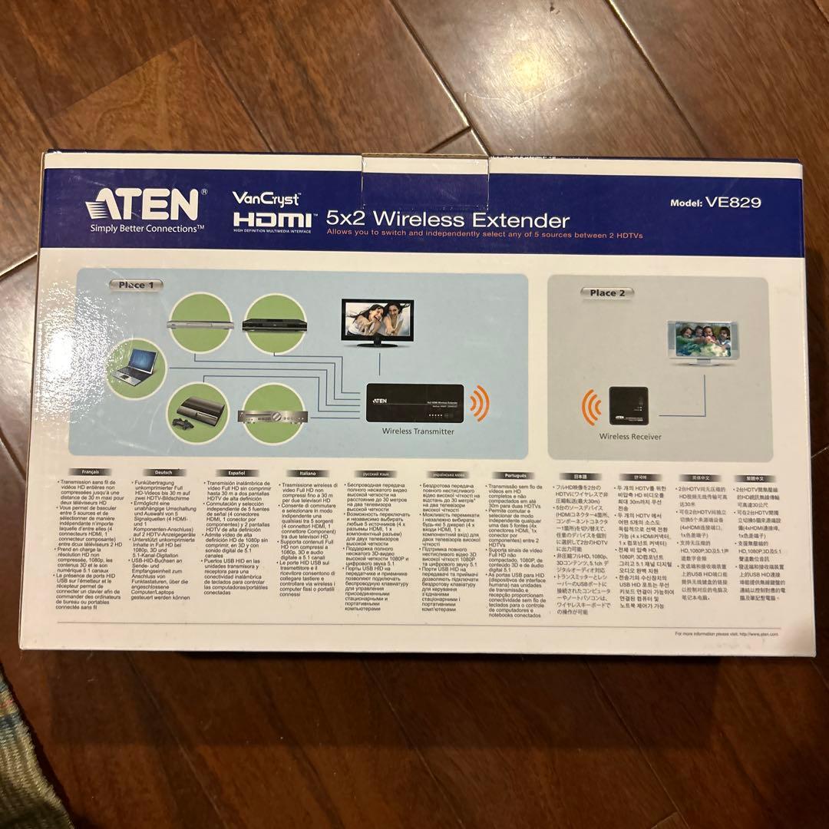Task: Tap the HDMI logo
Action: point(272,221)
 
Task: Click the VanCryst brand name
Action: point(266,197)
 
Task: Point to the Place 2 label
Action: point(607,292)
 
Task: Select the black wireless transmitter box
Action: point(415,404)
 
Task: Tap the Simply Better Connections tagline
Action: point(147,228)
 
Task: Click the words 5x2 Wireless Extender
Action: point(448,220)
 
